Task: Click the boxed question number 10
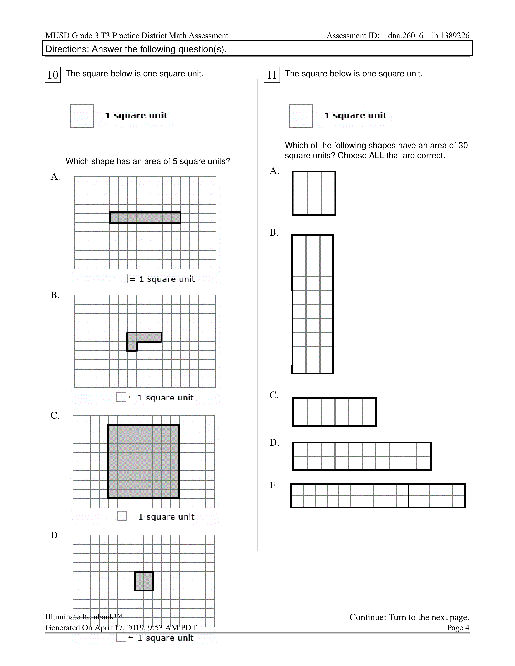[x=53, y=75]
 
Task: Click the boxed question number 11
[x=271, y=75]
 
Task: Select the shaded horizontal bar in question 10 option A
[x=145, y=218]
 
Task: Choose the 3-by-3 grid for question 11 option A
[x=314, y=193]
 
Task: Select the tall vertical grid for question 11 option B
[x=313, y=304]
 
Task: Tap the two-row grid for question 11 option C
[x=334, y=412]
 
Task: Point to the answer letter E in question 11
[x=274, y=485]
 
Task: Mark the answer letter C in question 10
[x=55, y=416]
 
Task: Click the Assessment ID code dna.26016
[x=406, y=36]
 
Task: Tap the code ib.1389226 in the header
[x=450, y=36]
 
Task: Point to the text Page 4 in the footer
[x=458, y=628]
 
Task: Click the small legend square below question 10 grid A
[x=122, y=279]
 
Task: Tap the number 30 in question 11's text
[x=463, y=146]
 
